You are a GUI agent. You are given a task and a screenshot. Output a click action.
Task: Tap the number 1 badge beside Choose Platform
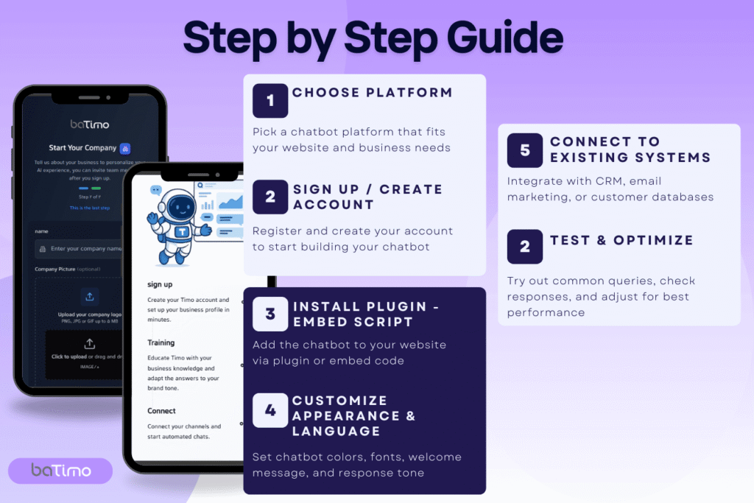270,100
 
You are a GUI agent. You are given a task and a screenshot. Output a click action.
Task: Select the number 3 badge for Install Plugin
270,314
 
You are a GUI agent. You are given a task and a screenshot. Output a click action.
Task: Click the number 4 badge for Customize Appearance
270,410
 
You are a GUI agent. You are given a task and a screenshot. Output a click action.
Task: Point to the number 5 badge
525,150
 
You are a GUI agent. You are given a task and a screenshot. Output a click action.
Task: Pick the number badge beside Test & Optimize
525,246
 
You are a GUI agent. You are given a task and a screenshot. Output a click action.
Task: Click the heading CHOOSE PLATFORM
372,93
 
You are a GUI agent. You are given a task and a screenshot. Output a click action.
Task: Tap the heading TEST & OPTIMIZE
621,240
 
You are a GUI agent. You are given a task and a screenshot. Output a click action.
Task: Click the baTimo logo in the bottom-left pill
60,471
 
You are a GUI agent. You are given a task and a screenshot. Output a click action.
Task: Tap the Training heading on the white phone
161,342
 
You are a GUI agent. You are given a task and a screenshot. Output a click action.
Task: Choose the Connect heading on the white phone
162,411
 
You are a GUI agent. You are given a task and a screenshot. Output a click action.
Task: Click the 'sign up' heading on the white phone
160,284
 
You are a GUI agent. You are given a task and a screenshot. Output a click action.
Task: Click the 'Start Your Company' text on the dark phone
82,148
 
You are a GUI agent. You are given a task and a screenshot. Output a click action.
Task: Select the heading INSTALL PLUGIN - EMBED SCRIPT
366,314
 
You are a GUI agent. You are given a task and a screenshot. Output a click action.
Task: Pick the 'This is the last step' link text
89,208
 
